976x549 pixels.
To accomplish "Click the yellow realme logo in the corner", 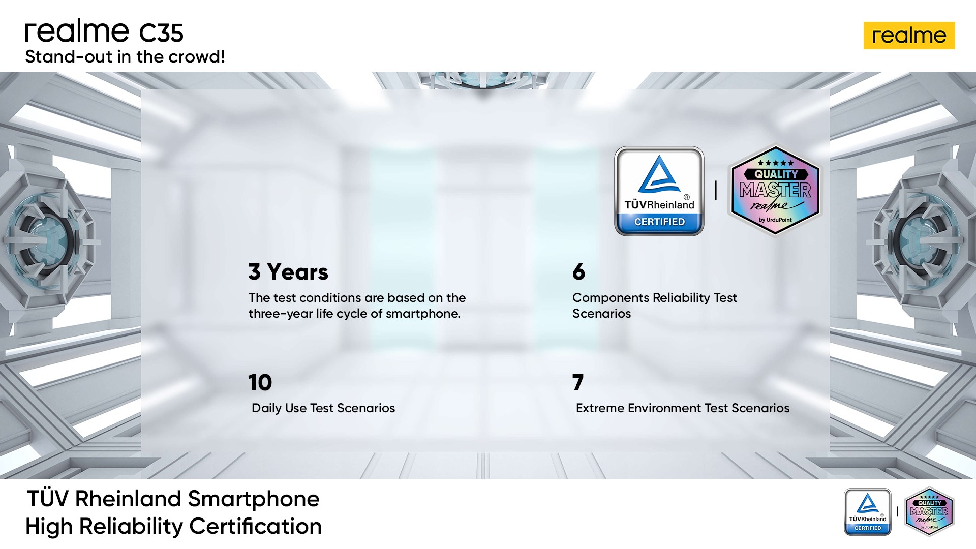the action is pos(909,36).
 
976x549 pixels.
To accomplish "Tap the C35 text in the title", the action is pos(161,33).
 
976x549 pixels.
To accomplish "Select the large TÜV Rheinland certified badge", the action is pos(659,191).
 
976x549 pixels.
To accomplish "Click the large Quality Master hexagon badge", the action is pos(775,191).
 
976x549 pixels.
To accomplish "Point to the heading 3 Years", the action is pos(288,272).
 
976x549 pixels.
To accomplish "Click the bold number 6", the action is pos(578,272).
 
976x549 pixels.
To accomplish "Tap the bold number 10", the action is pos(260,382).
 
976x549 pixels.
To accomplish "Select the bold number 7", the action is pos(578,382).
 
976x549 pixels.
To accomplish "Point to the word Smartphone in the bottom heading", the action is pos(254,499).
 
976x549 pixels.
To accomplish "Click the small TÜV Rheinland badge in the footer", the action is pos(868,512).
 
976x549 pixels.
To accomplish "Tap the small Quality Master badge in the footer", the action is pos(929,512).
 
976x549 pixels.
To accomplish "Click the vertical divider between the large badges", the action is pos(716,191).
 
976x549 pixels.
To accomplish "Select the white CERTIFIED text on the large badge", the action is pos(659,222).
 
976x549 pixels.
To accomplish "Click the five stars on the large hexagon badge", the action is pos(776,163).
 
